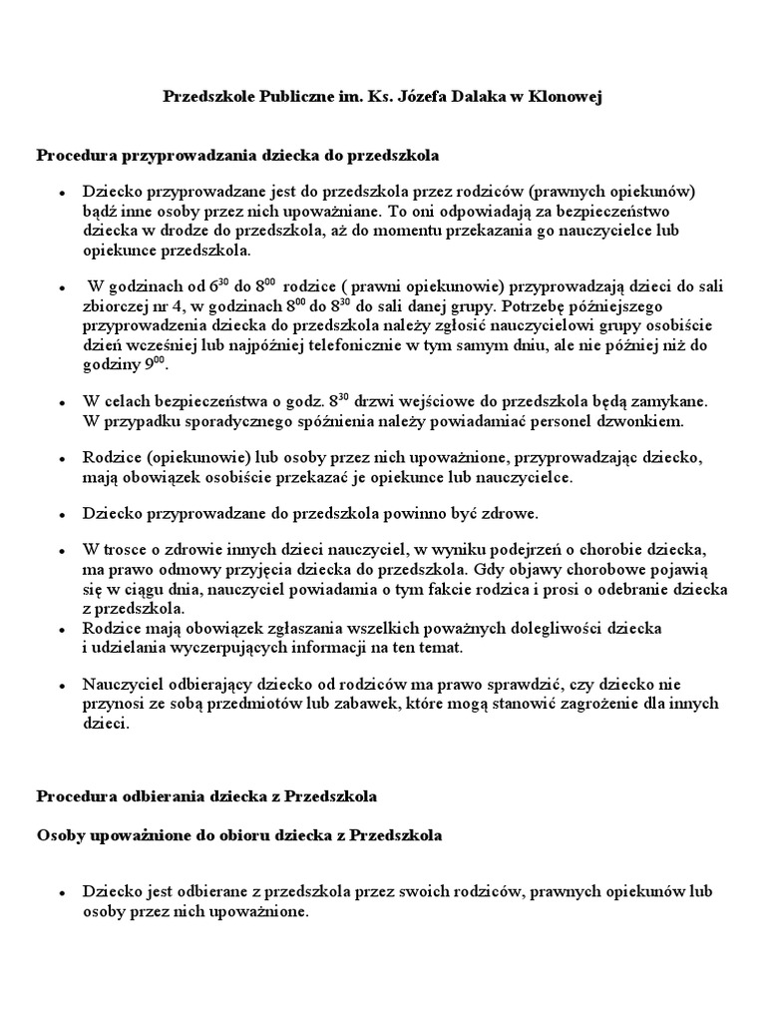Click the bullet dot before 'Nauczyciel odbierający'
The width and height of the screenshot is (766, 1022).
62,686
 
